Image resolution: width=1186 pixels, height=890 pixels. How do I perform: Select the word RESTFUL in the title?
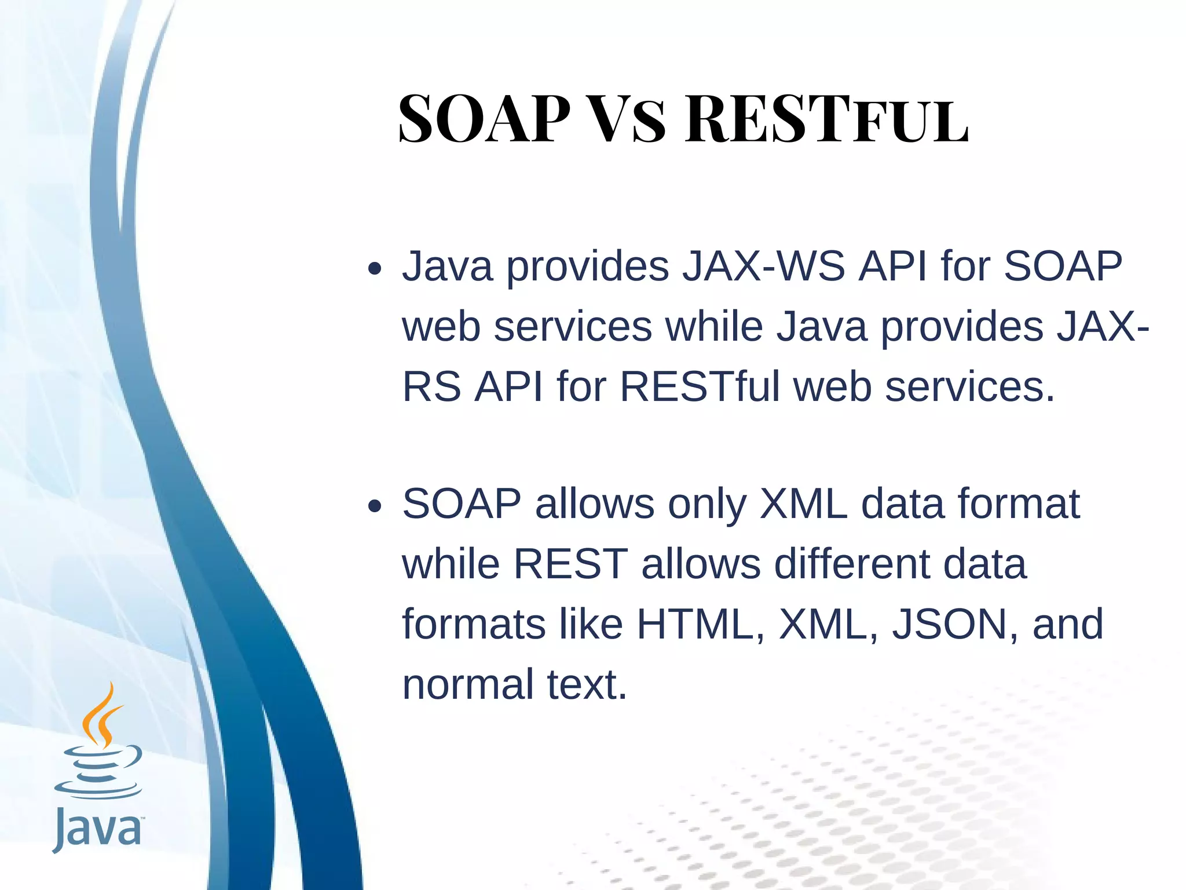pyautogui.click(x=826, y=120)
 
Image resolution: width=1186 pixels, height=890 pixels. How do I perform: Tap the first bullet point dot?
pyautogui.click(x=375, y=268)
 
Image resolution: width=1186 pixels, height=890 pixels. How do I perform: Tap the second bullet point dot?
pyautogui.click(x=375, y=506)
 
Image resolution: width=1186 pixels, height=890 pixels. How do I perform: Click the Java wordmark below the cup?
pyautogui.click(x=97, y=829)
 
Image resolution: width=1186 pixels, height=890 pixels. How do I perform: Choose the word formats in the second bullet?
pyautogui.click(x=474, y=624)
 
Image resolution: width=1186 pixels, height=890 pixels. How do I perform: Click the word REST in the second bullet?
pyautogui.click(x=570, y=564)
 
